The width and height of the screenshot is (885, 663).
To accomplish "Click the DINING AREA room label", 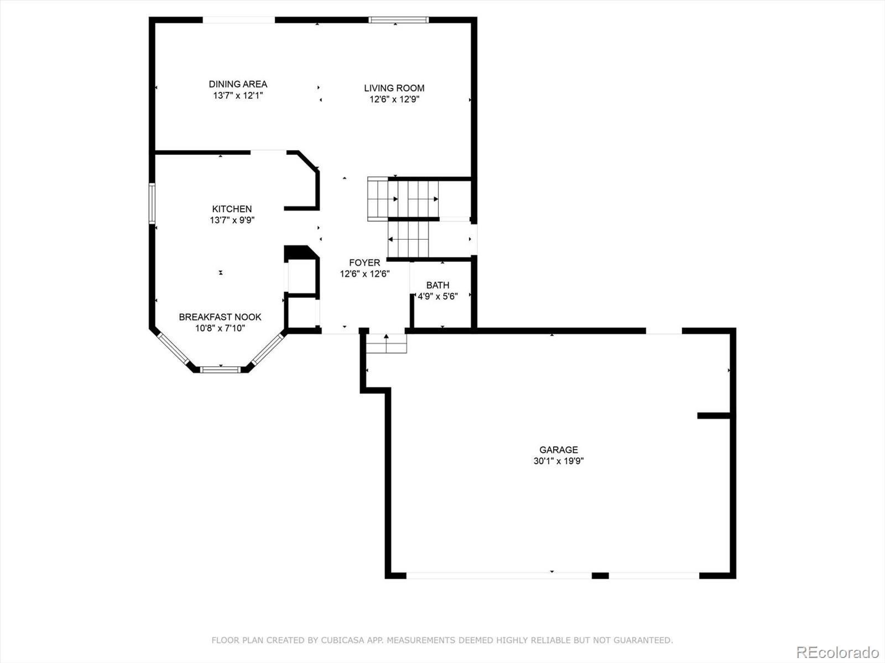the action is [238, 84].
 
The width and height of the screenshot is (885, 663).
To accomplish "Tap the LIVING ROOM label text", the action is [394, 88].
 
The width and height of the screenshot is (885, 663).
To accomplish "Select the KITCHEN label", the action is [232, 209].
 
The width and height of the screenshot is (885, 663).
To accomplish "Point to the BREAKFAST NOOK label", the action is [220, 317].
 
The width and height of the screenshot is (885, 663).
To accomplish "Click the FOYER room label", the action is [365, 263].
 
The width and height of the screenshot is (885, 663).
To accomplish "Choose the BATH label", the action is [438, 286].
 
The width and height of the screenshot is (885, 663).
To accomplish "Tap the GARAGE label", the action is [559, 450].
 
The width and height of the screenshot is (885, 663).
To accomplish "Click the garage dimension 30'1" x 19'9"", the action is [559, 461].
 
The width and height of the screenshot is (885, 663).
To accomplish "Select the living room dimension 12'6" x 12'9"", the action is [394, 99].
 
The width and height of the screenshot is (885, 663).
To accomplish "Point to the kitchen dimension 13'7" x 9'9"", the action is [232, 220].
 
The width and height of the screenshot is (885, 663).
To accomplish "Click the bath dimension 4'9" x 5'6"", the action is [438, 297].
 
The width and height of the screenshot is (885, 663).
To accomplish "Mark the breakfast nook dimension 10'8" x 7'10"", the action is [220, 328].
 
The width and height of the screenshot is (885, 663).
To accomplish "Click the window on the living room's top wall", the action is [398, 20].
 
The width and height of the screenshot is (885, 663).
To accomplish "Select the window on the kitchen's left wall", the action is [152, 203].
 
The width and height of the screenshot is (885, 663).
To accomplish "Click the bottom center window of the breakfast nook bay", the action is [221, 370].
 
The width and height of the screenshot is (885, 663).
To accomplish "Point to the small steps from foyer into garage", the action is [387, 343].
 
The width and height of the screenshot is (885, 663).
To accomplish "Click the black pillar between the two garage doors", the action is [600, 576].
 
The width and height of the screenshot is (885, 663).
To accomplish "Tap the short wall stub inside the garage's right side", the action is [714, 415].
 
